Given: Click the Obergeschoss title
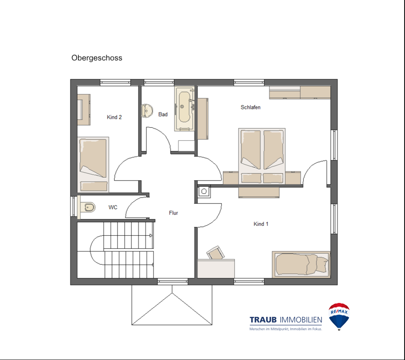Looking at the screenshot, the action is tap(97, 58).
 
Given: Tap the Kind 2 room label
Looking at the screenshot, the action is tap(114, 117).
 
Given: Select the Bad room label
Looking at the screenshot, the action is tap(163, 114).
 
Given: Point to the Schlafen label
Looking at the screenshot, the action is tap(251, 107).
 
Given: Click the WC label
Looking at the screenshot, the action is tap(113, 207).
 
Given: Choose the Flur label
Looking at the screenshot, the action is tap(174, 213).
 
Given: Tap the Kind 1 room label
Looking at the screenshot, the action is tap(261, 224).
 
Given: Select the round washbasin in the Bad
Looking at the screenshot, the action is tap(147, 111).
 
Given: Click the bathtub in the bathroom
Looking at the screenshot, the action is tap(184, 109).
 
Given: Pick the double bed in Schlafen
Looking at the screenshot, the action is tap(262, 156).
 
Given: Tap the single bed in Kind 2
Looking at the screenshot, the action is tap(93, 165).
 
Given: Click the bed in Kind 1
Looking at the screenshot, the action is tap(301, 265).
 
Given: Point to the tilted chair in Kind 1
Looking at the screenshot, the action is tap(216, 252).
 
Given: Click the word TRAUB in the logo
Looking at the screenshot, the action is tap(263, 320).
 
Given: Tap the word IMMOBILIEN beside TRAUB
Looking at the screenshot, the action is tap(301, 320).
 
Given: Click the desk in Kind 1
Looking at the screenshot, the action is tap(216, 269).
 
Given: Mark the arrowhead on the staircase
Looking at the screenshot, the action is tap(151, 235).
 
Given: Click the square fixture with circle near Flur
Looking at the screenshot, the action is tap(204, 191).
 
